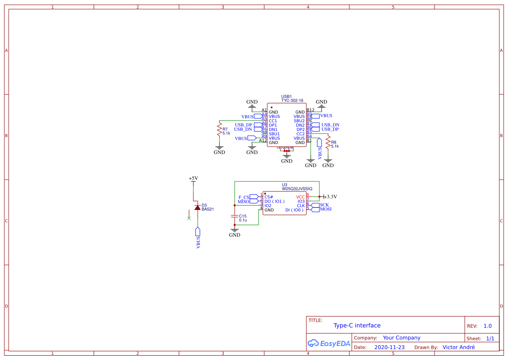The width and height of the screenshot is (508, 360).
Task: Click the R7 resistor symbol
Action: tap(219, 130)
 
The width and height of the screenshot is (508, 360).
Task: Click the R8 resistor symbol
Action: tap(328, 144)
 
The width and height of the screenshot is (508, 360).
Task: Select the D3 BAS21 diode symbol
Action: tap(197, 207)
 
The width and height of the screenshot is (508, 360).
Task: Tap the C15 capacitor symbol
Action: tap(235, 216)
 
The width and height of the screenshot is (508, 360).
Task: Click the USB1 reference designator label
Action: tap(286, 97)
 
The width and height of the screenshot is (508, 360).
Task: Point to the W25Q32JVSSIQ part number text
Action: tap(297, 189)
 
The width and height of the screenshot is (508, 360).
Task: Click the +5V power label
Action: tap(193, 178)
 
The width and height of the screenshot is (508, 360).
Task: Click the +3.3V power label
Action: tap(331, 197)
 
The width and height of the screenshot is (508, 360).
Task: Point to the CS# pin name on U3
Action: tap(269, 197)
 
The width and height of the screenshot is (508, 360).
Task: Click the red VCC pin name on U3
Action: tap(300, 197)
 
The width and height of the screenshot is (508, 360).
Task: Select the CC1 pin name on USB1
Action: tap(273, 121)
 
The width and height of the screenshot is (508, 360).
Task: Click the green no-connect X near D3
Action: tap(189, 218)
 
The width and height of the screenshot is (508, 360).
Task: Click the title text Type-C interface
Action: tap(357, 325)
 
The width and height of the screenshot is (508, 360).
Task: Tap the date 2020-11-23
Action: tap(389, 347)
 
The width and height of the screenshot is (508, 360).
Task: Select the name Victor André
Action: tap(458, 347)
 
